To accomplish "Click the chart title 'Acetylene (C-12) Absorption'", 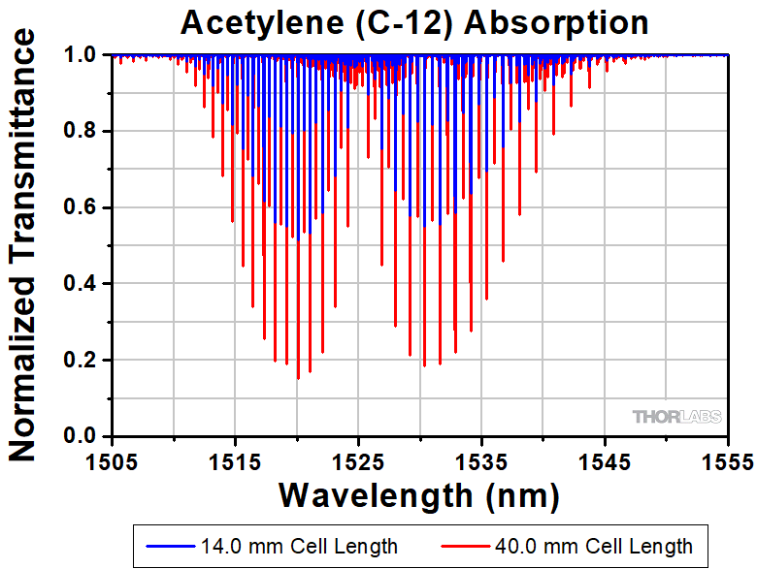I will (x=418, y=21).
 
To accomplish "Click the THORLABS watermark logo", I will (x=677, y=417).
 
